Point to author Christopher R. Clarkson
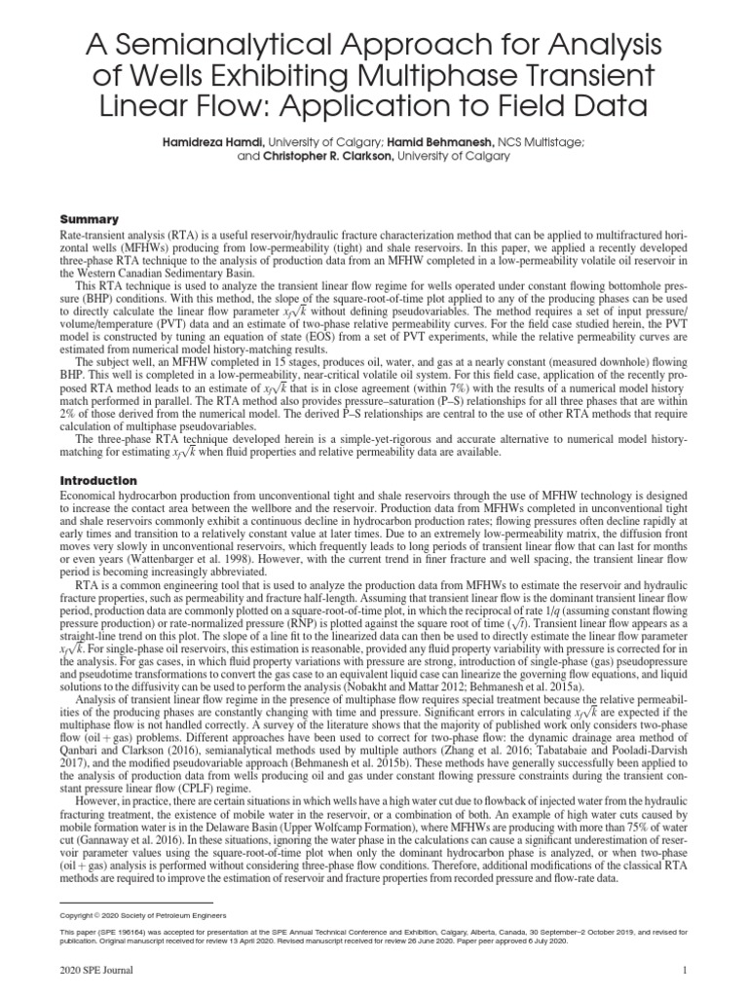point(321,156)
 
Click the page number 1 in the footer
point(686,970)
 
